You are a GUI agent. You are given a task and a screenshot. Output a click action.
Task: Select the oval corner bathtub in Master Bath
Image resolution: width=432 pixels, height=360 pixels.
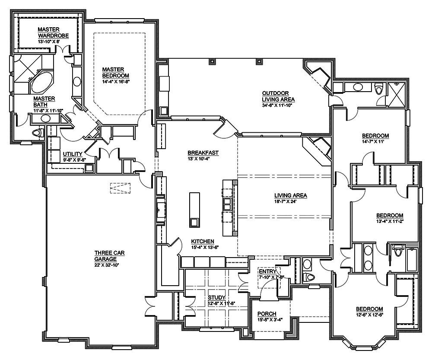pyautogui.click(x=42, y=81)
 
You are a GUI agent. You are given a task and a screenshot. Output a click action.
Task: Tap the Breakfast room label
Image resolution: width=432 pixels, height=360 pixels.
pyautogui.click(x=203, y=153)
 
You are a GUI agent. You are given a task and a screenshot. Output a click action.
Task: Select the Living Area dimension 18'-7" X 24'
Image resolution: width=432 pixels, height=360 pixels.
pyautogui.click(x=290, y=201)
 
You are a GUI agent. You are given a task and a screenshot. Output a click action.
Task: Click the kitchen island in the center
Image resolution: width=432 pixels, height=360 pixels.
pyautogui.click(x=194, y=210)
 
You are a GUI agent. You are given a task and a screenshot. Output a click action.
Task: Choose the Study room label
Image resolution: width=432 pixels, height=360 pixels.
pyautogui.click(x=216, y=298)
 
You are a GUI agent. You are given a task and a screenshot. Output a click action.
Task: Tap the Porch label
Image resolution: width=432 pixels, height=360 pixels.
pyautogui.click(x=267, y=314)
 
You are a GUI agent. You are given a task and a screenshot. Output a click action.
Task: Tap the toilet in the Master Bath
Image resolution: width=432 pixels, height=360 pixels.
pyautogui.click(x=37, y=132)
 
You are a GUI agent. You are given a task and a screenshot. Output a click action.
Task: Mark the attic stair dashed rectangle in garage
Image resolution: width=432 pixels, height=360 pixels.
pyautogui.click(x=120, y=188)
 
